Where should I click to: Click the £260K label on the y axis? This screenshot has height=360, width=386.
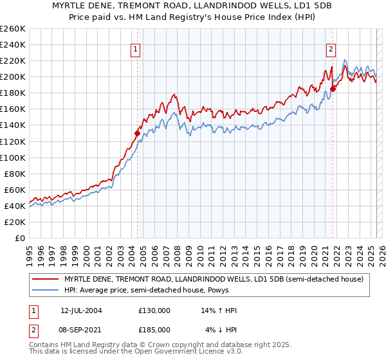click(x=13, y=29)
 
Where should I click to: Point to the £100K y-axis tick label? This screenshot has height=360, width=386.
click(x=13, y=157)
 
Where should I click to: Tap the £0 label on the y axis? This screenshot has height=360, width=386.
click(x=19, y=238)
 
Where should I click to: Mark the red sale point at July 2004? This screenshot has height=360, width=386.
click(x=137, y=133)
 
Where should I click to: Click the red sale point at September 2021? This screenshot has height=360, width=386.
click(x=333, y=89)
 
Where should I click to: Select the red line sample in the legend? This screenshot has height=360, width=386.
click(x=46, y=279)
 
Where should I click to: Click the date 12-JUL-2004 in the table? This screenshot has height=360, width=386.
click(x=81, y=310)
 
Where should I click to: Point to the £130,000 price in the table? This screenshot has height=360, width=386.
click(x=154, y=310)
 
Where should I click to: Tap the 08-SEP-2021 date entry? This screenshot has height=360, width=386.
click(x=81, y=329)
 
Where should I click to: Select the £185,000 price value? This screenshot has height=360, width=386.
click(x=154, y=329)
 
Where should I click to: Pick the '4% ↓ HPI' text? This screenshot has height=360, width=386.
click(x=221, y=329)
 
